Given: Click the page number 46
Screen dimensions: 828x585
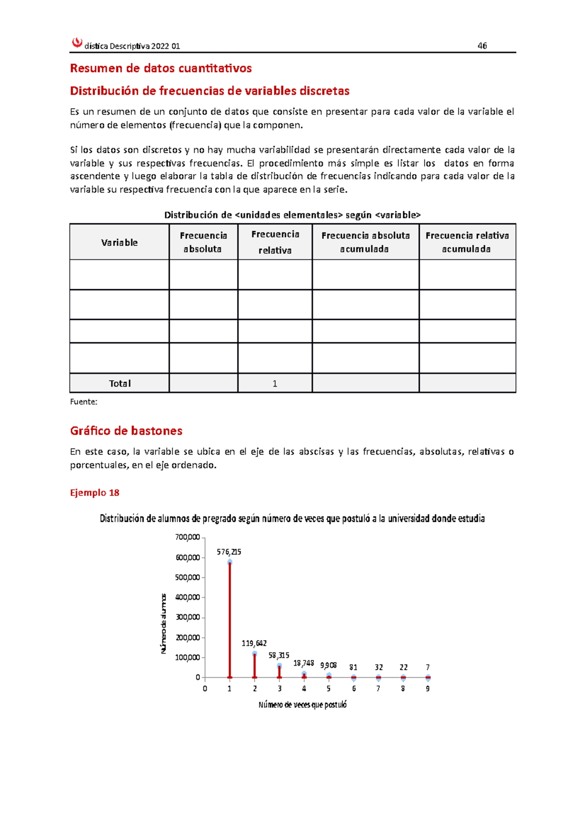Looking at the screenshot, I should coord(482,46).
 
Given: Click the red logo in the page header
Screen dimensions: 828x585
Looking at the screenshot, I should coord(77,43).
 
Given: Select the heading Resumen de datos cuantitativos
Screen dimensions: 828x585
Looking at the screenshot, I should coord(161,68).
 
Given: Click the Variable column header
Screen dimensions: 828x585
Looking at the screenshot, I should coord(119,242).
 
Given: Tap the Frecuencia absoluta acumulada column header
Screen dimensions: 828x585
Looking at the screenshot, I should coord(365,242).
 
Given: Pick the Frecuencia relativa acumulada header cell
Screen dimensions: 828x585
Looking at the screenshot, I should coord(467,242).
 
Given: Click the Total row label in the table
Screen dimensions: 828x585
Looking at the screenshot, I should coord(119,383).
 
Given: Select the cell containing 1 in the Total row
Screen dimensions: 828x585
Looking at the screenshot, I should coord(274,383).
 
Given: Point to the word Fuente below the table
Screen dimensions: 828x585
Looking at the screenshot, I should coord(83,402).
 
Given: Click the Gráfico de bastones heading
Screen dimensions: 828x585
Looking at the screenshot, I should coord(126,431).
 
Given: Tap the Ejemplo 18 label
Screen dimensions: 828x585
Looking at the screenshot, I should coord(95,493).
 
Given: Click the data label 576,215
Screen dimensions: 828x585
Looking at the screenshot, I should coord(229,552).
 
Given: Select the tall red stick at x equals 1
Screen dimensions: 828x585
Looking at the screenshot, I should coord(230,619).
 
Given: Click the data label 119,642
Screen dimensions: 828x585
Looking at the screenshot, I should coord(254,643).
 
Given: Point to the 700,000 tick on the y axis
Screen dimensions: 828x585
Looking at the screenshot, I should coord(188,537).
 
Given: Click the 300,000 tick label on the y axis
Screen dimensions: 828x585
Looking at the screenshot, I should coord(188,617).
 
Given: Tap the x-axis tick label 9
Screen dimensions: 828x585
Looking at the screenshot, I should coord(428,689).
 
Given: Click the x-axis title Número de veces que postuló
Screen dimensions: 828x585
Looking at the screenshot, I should coord(302,705).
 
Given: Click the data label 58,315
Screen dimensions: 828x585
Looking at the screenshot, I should coord(279,655).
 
